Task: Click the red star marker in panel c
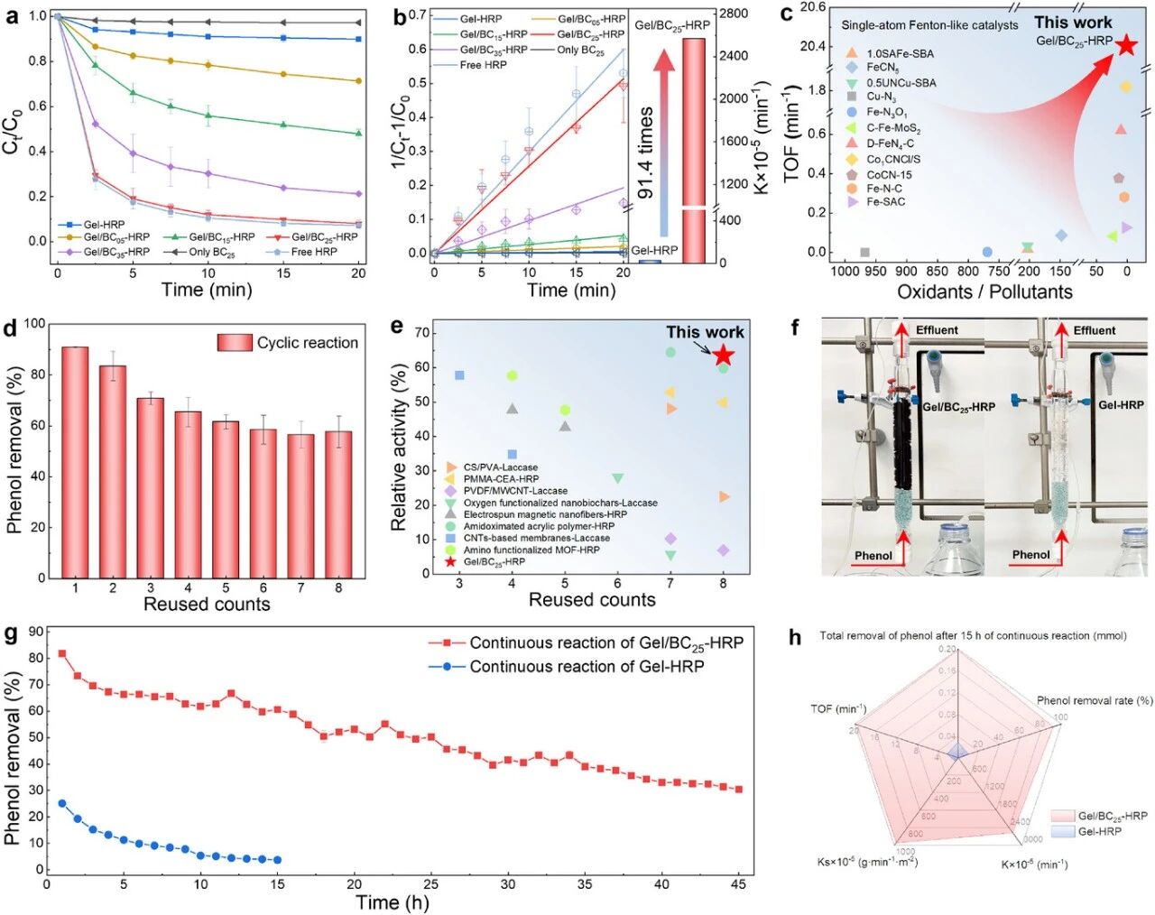[1125, 44]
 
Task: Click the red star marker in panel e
[723, 356]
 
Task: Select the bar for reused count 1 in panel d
[75, 462]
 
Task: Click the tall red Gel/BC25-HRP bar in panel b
[694, 150]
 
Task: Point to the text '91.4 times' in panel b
[646, 153]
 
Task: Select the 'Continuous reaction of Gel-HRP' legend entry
[587, 667]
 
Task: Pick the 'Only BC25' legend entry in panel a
[212, 252]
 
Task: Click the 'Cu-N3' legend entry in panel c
[881, 97]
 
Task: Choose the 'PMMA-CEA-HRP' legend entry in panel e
[501, 479]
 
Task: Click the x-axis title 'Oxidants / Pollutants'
[984, 291]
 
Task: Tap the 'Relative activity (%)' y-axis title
[398, 448]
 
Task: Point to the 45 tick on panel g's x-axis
[739, 884]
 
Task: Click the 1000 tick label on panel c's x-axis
[845, 271]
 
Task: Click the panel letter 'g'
[11, 634]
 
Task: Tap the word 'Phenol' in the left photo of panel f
[873, 556]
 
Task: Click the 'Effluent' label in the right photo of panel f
[1095, 331]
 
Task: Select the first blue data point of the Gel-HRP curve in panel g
[62, 803]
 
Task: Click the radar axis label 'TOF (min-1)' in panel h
[838, 709]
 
